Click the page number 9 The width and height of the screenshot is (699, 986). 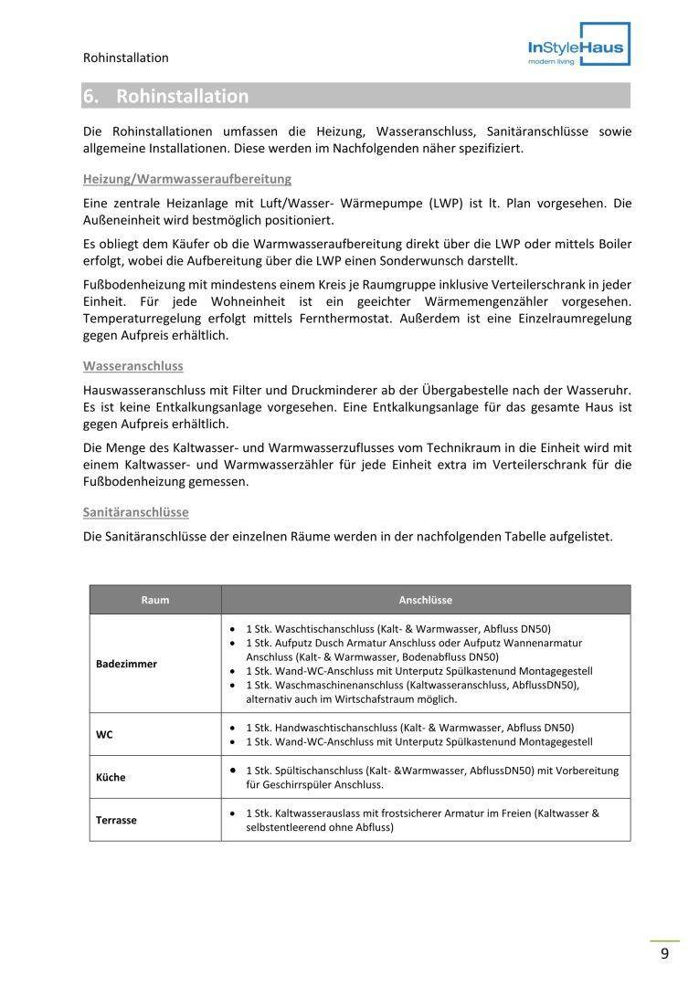tap(664, 954)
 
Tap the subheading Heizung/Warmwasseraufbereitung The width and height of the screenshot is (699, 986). tap(187, 178)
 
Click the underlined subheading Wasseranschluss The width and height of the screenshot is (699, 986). tap(133, 365)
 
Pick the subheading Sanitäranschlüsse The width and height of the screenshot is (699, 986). tap(136, 512)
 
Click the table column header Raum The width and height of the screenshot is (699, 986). tap(155, 600)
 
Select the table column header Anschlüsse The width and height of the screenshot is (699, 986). tap(425, 600)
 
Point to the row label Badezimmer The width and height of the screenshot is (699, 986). tap(126, 664)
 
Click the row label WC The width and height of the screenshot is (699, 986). tap(105, 734)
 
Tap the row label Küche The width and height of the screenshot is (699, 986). tap(111, 777)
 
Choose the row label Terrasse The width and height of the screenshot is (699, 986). tap(116, 820)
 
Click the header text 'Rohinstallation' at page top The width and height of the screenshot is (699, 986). tap(126, 58)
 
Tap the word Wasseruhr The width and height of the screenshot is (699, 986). tap(601, 390)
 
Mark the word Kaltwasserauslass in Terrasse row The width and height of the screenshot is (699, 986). tap(323, 813)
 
